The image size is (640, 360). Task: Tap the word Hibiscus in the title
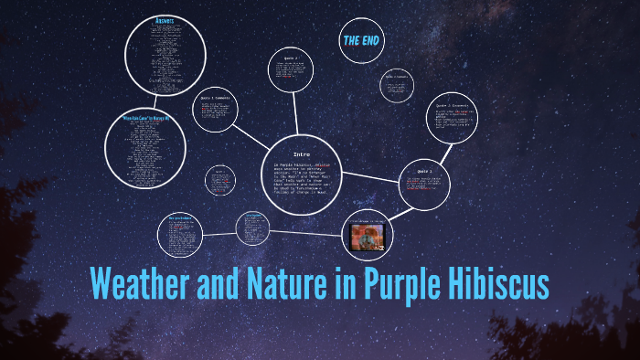496,283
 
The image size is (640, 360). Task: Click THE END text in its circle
361,41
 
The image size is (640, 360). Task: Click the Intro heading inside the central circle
302,154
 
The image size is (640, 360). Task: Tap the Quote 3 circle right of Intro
424,185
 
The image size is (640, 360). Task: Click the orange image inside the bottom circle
368,238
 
